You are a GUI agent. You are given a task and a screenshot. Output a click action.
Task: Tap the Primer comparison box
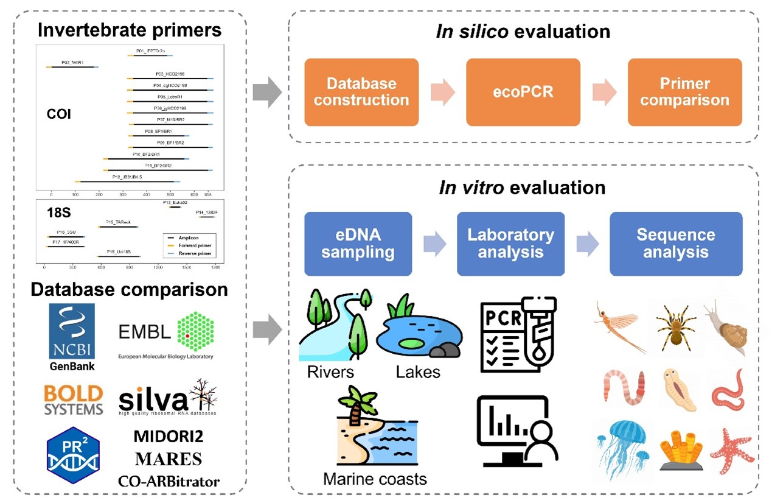pos(684,92)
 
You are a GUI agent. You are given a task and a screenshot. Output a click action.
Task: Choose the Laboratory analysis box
pos(510,244)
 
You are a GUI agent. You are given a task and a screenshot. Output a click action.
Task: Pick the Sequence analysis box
pos(676,244)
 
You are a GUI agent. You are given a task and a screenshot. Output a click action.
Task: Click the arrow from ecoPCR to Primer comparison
pos(605,93)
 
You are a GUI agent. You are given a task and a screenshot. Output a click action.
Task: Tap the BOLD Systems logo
pos(73,399)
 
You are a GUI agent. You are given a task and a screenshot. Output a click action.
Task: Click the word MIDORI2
pos(168,437)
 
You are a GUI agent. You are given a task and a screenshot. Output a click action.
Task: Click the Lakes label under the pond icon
pos(418,371)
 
